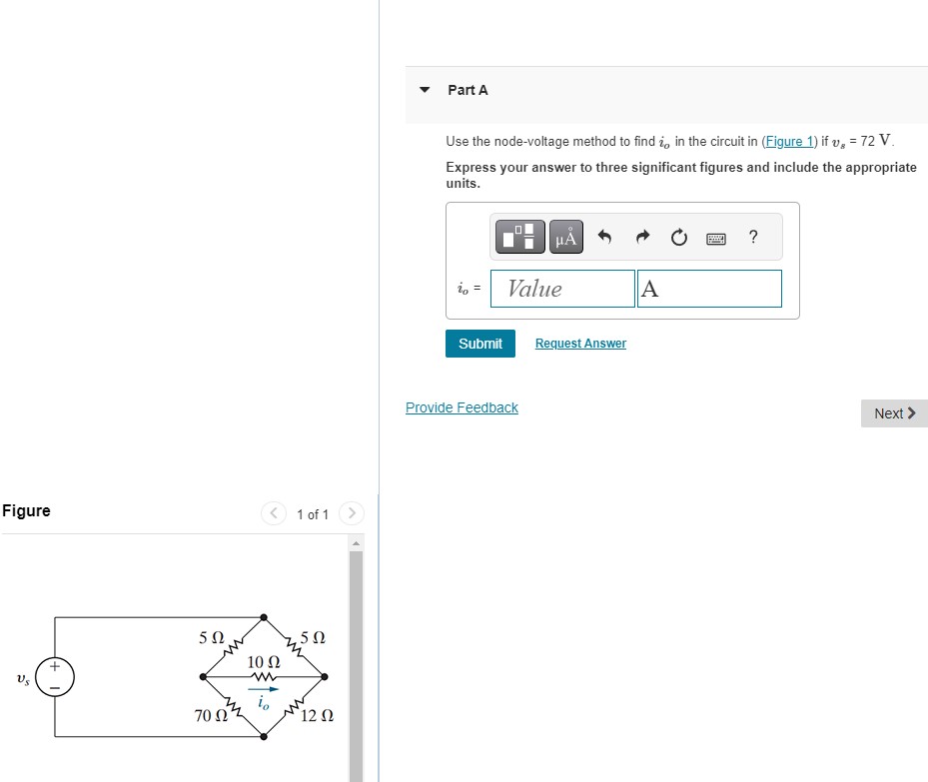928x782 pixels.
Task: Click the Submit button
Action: (480, 344)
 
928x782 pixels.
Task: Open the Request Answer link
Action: (580, 344)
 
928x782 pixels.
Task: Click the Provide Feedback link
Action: (462, 407)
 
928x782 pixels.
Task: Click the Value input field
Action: (562, 289)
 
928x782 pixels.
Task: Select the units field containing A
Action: (709, 289)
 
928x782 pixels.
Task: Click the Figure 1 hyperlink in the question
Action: (789, 142)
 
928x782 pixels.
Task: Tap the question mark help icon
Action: (753, 237)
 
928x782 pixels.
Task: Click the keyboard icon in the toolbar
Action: (716, 238)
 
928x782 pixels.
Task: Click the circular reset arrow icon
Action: (679, 238)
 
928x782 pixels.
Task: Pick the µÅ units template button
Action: (565, 237)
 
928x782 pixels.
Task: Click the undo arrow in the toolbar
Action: (604, 237)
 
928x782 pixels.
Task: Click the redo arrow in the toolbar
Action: (642, 237)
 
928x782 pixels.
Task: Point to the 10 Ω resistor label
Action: (263, 662)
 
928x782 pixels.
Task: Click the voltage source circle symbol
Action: (55, 676)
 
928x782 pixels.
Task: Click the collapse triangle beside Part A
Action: (425, 90)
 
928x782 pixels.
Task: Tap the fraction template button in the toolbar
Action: (518, 237)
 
